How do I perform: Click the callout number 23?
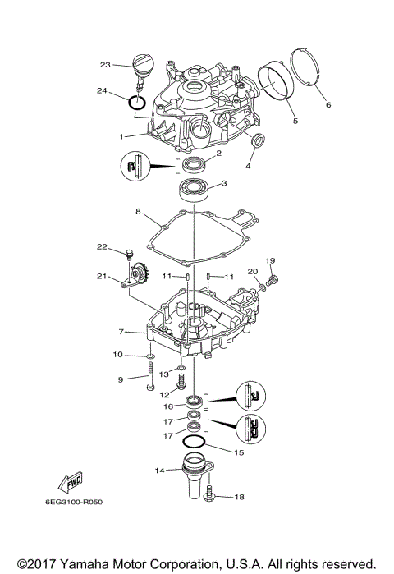coord(105,64)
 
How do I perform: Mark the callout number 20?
coord(252,270)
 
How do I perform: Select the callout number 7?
coord(120,332)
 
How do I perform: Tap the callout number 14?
coord(160,471)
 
